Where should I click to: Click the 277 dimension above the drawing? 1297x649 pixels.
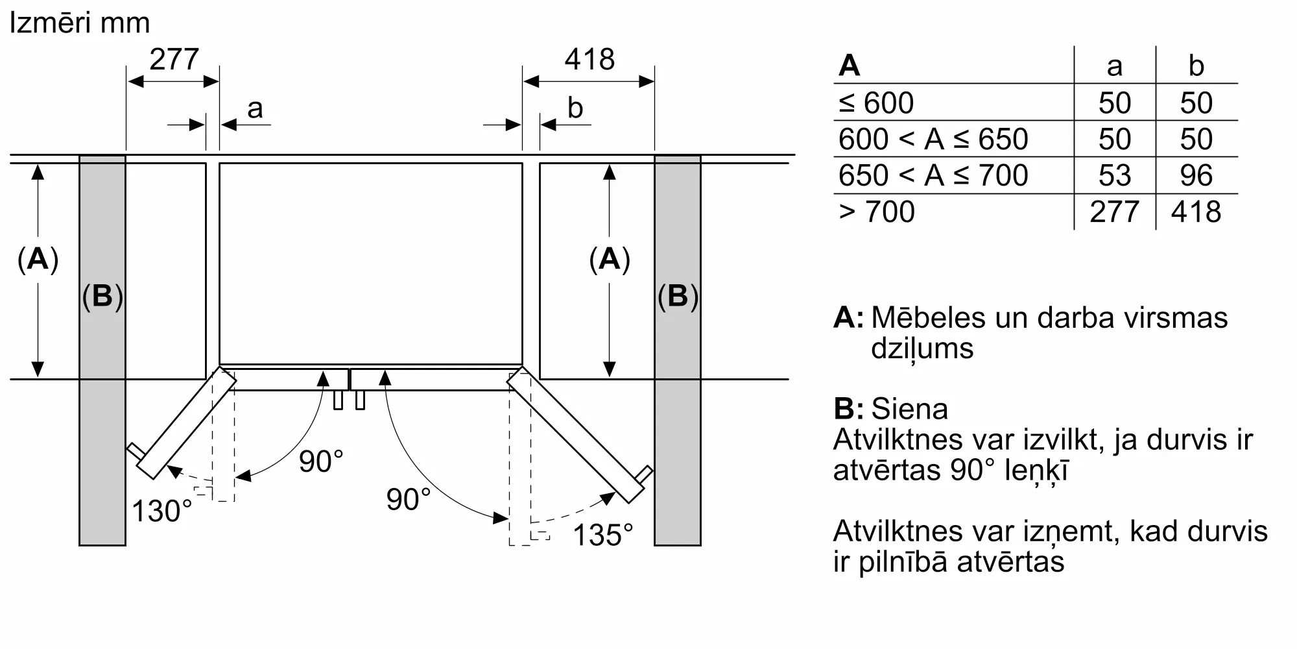[174, 60]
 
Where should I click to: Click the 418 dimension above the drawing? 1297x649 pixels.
[589, 60]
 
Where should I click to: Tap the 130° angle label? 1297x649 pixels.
[162, 511]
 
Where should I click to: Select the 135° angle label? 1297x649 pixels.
[602, 535]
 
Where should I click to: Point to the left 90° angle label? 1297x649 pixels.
[321, 461]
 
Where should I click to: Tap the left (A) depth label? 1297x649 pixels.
[38, 260]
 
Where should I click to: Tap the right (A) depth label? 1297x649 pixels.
[610, 260]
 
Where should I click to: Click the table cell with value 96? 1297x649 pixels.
[1196, 175]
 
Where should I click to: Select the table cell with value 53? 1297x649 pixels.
[1114, 175]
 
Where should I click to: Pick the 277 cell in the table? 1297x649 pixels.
[1114, 212]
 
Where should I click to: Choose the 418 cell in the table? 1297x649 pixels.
[1196, 212]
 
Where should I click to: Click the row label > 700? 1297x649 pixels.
[877, 212]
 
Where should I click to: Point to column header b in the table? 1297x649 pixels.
[1196, 66]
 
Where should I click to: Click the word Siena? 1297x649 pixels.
[909, 409]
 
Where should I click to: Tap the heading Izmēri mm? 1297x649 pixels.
[79, 23]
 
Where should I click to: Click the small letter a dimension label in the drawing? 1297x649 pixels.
[255, 108]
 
